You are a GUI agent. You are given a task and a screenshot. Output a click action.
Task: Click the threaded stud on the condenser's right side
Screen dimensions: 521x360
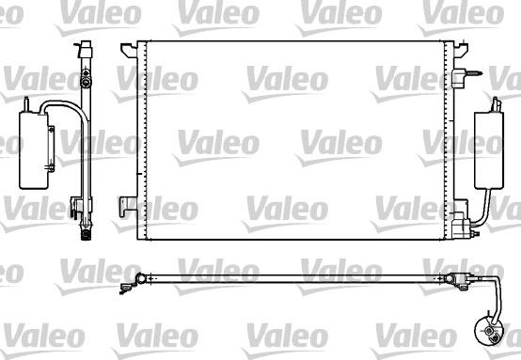[x=474, y=73]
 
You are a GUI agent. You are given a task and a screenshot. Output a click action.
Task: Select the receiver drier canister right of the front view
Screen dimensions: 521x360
[x=489, y=150]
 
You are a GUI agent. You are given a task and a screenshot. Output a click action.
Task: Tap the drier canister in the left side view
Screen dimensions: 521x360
[x=34, y=150]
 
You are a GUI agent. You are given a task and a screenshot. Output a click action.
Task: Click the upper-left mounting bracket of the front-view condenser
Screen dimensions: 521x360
[x=129, y=50]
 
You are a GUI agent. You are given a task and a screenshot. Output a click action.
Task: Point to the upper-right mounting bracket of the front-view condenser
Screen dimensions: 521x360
[x=461, y=50]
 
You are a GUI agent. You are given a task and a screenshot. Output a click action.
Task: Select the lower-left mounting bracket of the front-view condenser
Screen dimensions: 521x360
[x=128, y=206]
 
